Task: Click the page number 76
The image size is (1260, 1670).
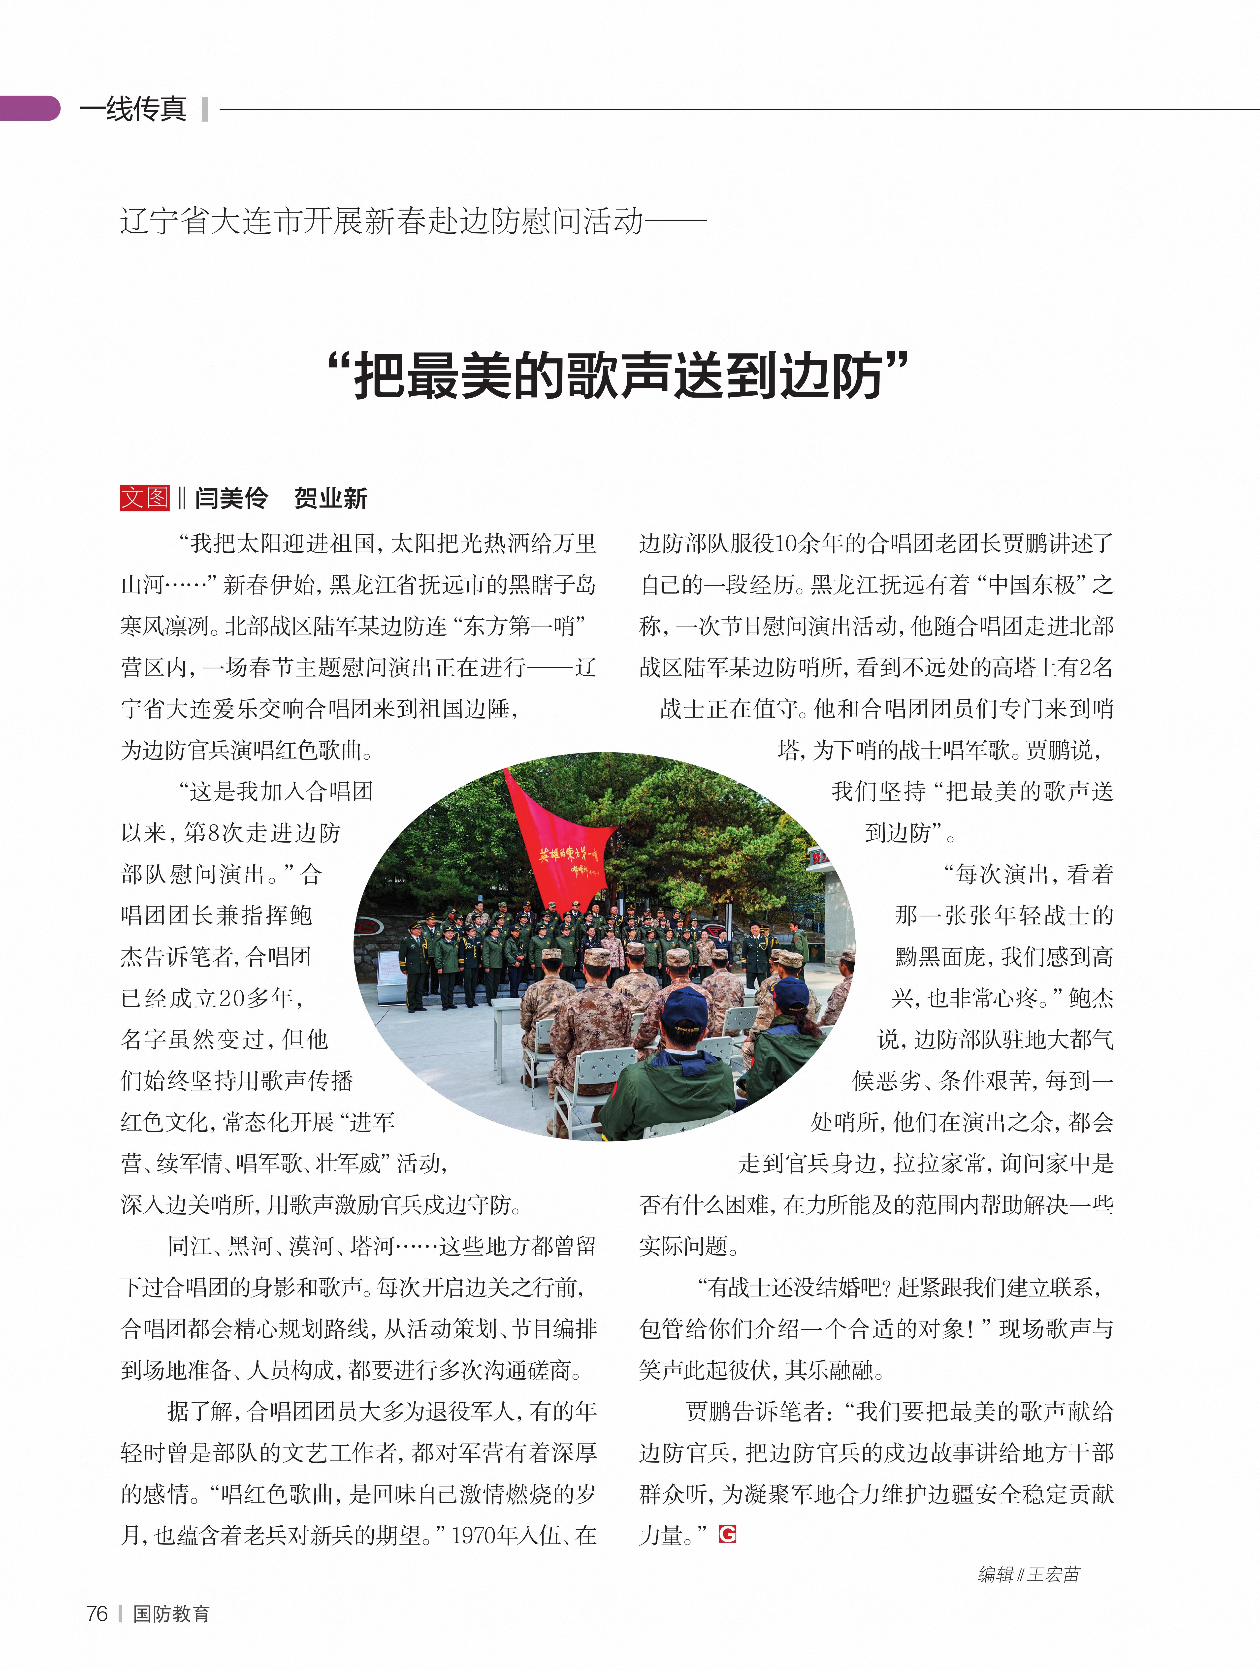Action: pyautogui.click(x=97, y=1613)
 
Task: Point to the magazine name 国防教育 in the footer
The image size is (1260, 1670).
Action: pyautogui.click(x=171, y=1613)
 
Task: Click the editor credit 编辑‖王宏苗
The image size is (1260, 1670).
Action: pyautogui.click(x=1028, y=1574)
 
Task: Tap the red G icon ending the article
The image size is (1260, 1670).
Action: pyautogui.click(x=727, y=1534)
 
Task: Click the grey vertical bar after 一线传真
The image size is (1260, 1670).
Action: pyautogui.click(x=205, y=109)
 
